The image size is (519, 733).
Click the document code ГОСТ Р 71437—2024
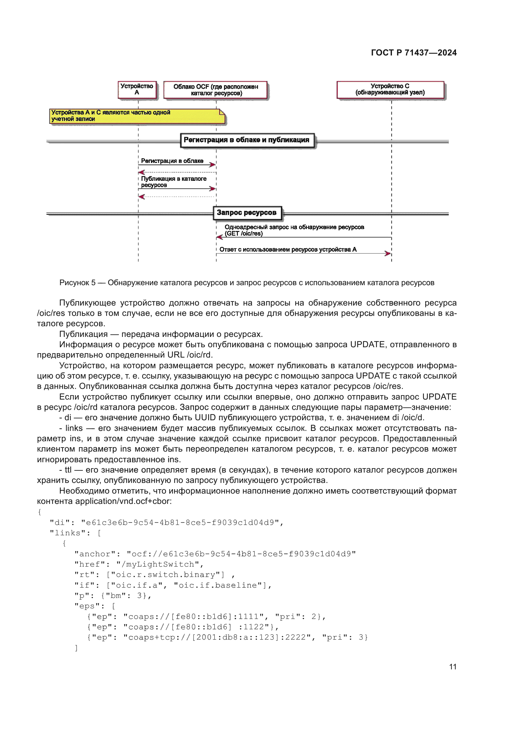[414, 53]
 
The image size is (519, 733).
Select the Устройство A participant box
[137, 90]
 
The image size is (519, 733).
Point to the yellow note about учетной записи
[137, 116]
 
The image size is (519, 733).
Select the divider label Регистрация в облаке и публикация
[247, 140]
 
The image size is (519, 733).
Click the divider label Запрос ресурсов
[247, 213]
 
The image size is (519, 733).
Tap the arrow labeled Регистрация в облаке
[177, 165]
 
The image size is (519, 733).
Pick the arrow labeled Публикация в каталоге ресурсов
[177, 189]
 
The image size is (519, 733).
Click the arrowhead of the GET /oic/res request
[219, 237]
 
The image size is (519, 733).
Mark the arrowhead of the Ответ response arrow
[388, 254]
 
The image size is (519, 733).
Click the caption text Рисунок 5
[77, 283]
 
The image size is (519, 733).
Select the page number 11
[452, 667]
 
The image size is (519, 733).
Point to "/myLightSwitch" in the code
[158, 564]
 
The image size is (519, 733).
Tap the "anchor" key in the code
[97, 554]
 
